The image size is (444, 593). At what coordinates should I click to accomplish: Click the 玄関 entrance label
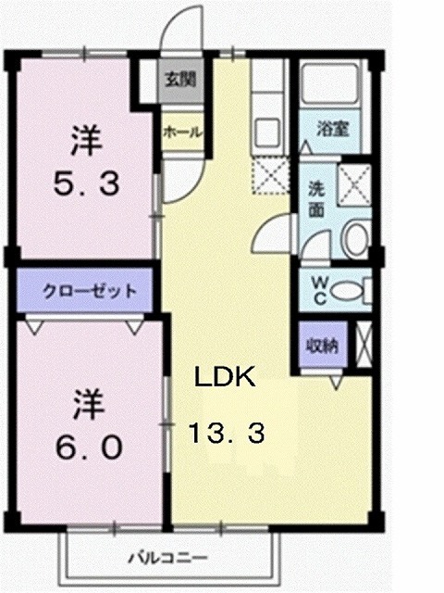[x=181, y=79]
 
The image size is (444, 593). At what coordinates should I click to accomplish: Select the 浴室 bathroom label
[x=333, y=129]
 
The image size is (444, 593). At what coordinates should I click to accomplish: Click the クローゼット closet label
[x=90, y=290]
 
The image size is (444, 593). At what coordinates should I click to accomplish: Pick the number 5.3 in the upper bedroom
[x=84, y=185]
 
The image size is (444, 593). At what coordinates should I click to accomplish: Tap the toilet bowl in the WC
[x=349, y=291]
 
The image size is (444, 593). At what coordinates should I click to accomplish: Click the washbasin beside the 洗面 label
[x=355, y=239]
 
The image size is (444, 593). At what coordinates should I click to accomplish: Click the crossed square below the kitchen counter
[x=272, y=174]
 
